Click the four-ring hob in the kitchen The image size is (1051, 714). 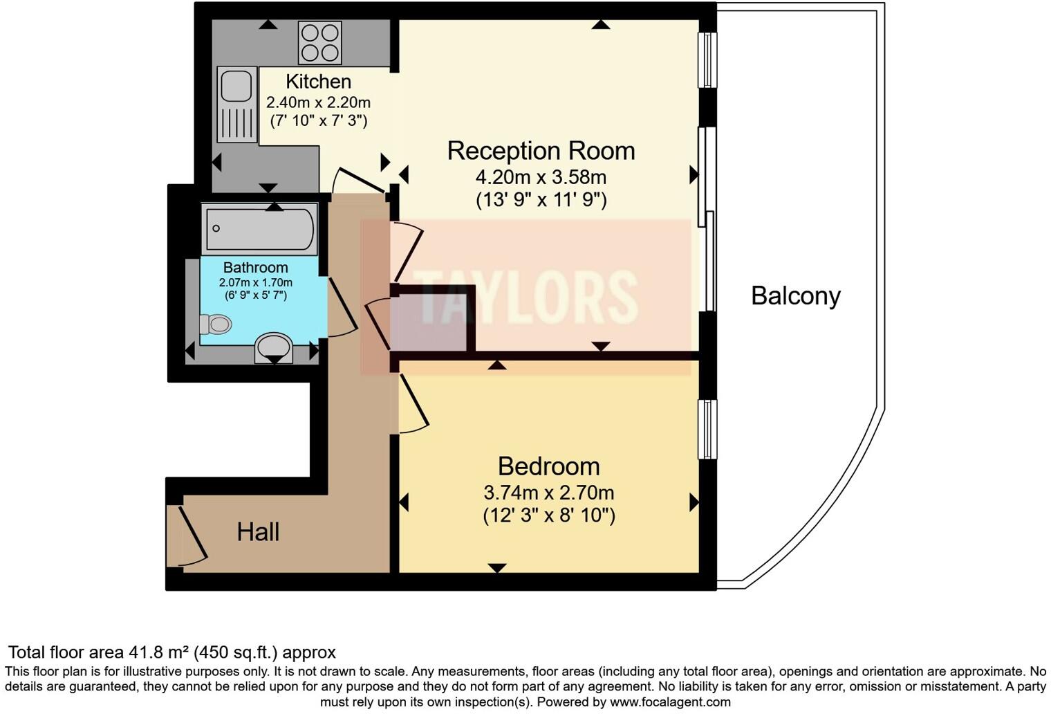320,42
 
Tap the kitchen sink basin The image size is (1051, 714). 237,86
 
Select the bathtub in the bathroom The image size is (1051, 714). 260,228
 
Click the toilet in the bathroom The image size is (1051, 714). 216,324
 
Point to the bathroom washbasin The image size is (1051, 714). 274,348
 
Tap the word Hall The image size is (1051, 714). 258,532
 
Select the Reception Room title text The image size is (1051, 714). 541,151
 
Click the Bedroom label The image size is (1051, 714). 549,466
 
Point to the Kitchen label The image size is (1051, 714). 319,82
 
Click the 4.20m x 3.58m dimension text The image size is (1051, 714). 541,177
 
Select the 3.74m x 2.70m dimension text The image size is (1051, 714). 549,493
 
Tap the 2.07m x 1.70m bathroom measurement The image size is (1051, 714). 256,282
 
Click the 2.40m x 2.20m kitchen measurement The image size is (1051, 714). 319,102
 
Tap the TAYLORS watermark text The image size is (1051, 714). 525,297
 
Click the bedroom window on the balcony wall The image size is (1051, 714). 707,429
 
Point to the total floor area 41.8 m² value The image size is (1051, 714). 158,652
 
